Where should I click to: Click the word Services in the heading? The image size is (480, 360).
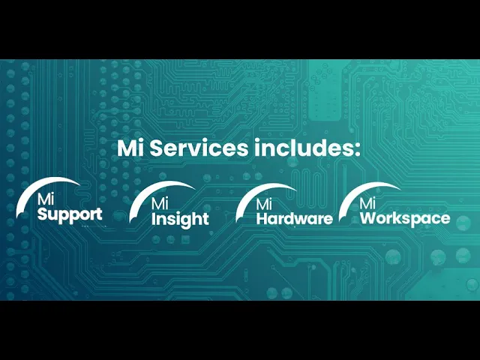click(x=199, y=148)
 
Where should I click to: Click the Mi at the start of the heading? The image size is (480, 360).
click(x=131, y=148)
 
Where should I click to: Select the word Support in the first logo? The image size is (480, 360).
click(x=70, y=214)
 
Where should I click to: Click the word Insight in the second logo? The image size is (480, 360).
click(x=180, y=219)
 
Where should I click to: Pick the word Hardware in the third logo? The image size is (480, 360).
click(x=295, y=219)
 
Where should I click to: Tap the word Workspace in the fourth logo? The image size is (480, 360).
click(x=405, y=218)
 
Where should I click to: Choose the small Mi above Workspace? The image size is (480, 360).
click(x=367, y=203)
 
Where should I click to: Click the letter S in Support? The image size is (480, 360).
click(x=43, y=214)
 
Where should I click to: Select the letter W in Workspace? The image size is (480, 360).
click(x=368, y=218)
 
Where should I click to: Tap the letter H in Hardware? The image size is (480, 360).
click(x=262, y=219)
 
